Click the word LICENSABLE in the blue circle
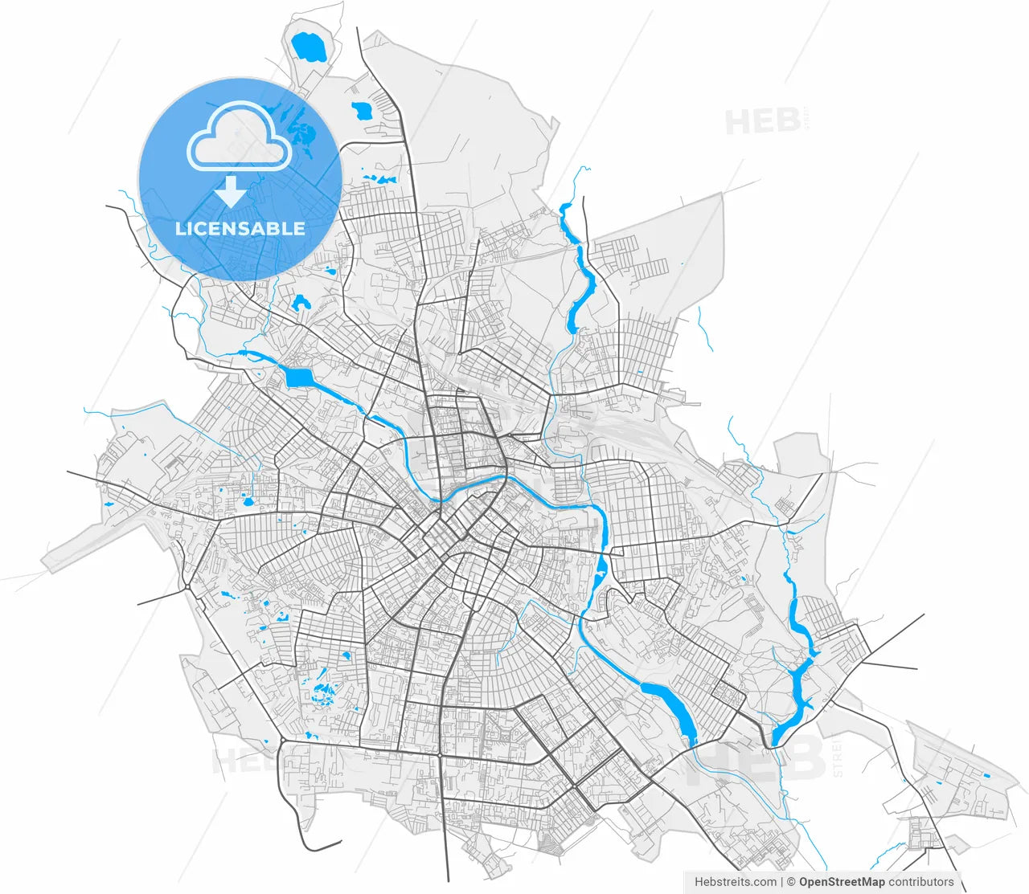coord(240,228)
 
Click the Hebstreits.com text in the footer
coord(736,882)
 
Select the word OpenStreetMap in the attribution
coord(842,882)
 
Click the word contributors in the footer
coord(920,882)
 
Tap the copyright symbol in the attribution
coord(791,882)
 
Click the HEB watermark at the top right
coord(763,122)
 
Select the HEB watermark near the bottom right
coord(764,759)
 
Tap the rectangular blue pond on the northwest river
coord(297,376)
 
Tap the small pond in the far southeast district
coord(986,775)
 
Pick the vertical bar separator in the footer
coord(782,882)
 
